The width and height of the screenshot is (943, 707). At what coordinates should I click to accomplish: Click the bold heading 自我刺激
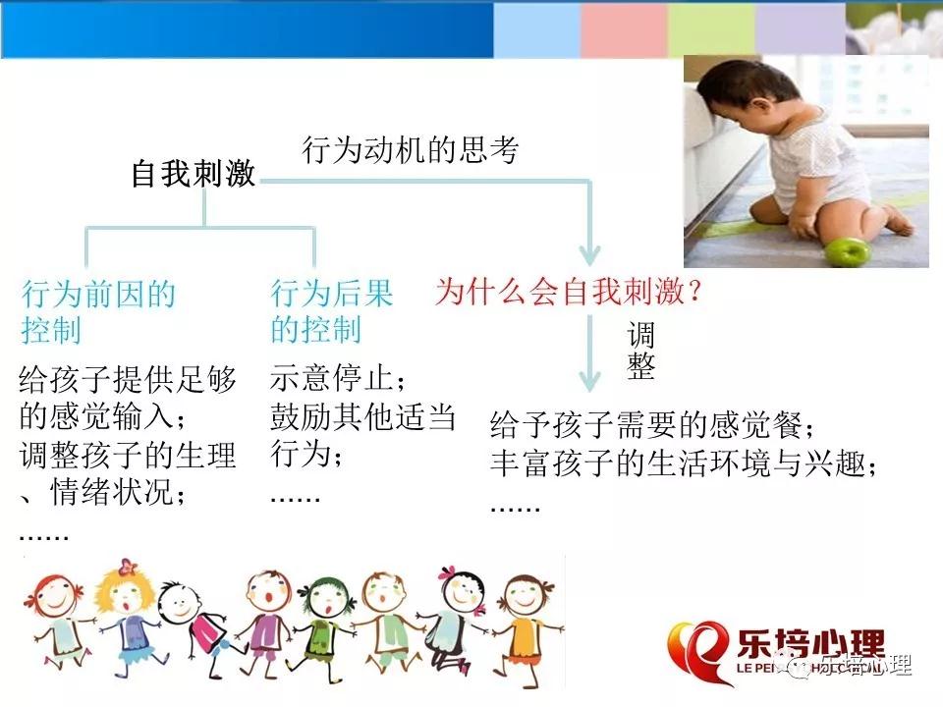(x=194, y=173)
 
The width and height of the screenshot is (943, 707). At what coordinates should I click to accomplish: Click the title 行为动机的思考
(x=411, y=149)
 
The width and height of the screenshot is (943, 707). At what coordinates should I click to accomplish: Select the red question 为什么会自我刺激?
(x=569, y=291)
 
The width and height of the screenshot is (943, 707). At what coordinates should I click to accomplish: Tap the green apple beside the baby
(x=845, y=252)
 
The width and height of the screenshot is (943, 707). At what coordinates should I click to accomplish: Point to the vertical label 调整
(x=640, y=350)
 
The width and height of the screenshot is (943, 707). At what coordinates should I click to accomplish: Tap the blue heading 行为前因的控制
(x=98, y=312)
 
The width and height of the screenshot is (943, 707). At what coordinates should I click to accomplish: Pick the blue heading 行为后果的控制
(x=331, y=311)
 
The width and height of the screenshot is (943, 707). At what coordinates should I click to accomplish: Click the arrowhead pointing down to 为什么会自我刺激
(x=590, y=255)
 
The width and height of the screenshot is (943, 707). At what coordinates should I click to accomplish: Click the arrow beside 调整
(x=590, y=353)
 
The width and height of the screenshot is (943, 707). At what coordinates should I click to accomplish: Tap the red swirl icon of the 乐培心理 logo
(x=697, y=652)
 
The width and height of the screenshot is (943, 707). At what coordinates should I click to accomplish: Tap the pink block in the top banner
(x=624, y=30)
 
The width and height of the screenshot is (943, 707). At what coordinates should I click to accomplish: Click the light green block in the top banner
(x=711, y=30)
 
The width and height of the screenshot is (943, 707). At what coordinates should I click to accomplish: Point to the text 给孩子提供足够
(x=128, y=379)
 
